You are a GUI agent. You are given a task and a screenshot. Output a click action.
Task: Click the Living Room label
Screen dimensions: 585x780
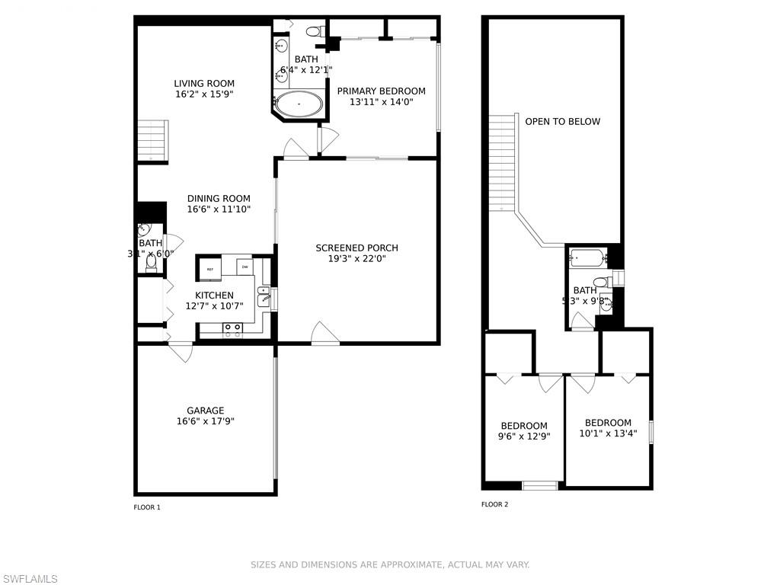coord(203,84)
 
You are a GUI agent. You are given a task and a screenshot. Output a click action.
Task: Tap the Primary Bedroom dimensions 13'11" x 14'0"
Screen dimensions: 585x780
coord(381,101)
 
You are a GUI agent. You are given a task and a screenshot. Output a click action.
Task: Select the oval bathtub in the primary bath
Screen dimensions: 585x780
coord(298,104)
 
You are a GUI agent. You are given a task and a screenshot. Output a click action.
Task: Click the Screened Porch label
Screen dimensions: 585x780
coord(356,248)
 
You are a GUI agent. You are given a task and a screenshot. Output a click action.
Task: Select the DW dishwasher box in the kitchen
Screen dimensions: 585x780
coord(245,267)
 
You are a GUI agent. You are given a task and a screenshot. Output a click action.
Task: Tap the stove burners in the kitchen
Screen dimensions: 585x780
coord(232,329)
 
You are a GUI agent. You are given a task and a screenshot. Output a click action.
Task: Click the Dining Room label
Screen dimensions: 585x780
coord(219,199)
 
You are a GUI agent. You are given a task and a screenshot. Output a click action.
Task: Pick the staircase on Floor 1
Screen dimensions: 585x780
coord(152,140)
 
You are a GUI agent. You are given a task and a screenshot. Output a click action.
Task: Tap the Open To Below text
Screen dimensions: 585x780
coord(562,121)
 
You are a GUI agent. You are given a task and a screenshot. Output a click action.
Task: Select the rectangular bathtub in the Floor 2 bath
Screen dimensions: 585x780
coord(588,258)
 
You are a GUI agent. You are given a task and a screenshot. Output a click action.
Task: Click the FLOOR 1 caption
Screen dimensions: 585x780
coord(147,507)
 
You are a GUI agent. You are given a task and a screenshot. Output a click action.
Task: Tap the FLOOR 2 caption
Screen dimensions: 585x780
coord(494,504)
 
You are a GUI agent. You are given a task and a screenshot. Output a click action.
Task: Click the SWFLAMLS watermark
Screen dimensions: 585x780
coord(29,579)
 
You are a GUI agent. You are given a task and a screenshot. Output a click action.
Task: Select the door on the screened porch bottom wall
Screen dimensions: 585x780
coord(325,335)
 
